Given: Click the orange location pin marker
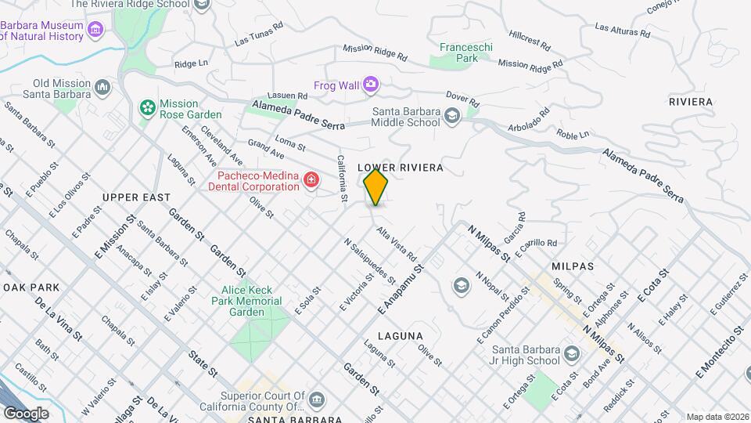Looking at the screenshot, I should [376, 186].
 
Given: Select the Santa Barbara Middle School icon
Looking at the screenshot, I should [451, 117].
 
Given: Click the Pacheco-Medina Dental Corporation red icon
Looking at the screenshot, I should [311, 181].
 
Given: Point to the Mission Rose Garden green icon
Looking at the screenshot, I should [146, 108].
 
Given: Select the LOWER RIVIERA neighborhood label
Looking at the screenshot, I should [401, 168].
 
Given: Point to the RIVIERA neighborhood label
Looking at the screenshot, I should [691, 102].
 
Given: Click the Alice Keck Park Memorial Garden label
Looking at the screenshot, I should [246, 301].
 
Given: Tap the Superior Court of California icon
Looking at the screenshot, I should [316, 401].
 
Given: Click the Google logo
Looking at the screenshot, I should [26, 413].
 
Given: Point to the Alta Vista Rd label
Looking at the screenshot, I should [396, 244].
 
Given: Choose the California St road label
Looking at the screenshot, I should [342, 178].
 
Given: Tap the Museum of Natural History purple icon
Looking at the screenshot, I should [95, 31].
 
